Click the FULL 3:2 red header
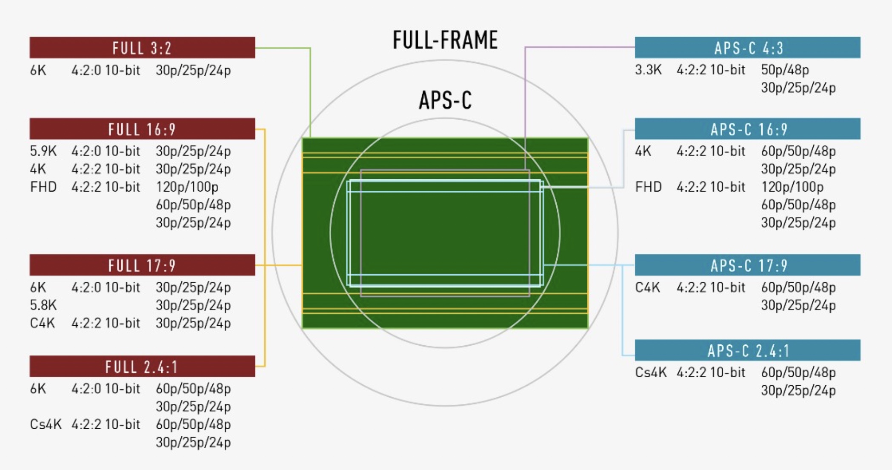tap(142, 48)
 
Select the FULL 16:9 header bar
tap(142, 129)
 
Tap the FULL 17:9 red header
tap(142, 265)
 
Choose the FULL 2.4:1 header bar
tap(142, 367)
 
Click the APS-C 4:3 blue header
tap(747, 48)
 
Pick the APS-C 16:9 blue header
tap(747, 129)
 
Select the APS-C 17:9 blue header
tap(747, 265)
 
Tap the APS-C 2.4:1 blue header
tap(747, 350)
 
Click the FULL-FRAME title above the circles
tap(445, 40)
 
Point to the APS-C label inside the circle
tap(445, 100)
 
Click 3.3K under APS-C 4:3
tap(648, 70)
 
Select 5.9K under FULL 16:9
tap(43, 151)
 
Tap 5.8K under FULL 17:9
tap(43, 305)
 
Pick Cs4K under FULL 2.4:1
tap(46, 424)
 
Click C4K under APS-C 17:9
tap(647, 287)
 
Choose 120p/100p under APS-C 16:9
tap(792, 187)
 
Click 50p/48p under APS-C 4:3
tap(785, 70)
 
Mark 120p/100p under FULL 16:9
tap(187, 187)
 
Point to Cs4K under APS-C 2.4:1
tap(650, 373)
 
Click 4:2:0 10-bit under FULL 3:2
tap(106, 70)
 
